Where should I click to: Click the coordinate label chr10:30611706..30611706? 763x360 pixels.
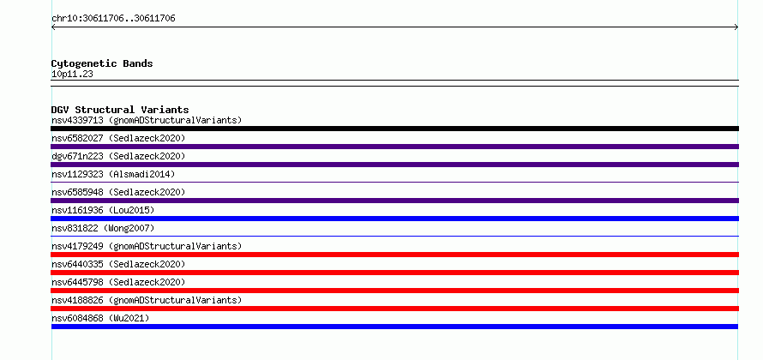click(x=113, y=19)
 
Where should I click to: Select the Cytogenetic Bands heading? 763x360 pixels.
click(x=102, y=63)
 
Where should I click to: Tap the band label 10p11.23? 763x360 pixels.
click(x=72, y=75)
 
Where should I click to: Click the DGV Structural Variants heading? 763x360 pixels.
click(x=120, y=110)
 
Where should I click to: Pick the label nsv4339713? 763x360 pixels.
click(x=77, y=120)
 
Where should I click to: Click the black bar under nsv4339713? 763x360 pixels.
click(x=394, y=129)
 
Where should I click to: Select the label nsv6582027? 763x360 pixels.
click(x=77, y=138)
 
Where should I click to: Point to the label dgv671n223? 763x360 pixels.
click(x=77, y=156)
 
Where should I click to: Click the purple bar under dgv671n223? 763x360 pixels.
click(x=394, y=165)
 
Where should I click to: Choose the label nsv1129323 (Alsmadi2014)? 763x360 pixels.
click(x=113, y=174)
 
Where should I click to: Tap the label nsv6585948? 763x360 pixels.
click(x=77, y=192)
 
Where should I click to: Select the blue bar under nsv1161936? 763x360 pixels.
click(x=394, y=219)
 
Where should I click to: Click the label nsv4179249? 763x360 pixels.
click(x=77, y=246)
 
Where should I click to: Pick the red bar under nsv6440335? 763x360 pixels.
click(x=394, y=273)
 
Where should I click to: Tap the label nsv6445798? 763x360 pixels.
click(x=77, y=282)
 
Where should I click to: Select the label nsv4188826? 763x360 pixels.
click(x=77, y=300)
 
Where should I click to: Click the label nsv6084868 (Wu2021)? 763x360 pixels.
click(x=100, y=318)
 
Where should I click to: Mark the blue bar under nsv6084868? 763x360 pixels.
click(x=394, y=327)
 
